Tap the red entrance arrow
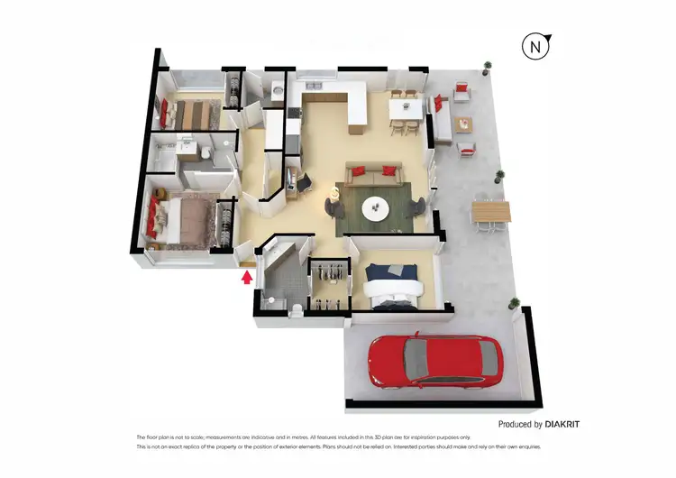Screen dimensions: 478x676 pos(246,277)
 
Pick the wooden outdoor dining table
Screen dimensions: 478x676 pos(490,212)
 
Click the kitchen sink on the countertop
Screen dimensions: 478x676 pos(293,113)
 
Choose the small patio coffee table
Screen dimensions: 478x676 pos(463,124)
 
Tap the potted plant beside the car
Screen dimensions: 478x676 pos(515,304)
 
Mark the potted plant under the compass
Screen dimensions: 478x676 pos(488,66)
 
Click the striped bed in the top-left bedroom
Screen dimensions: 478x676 pos(191,115)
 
